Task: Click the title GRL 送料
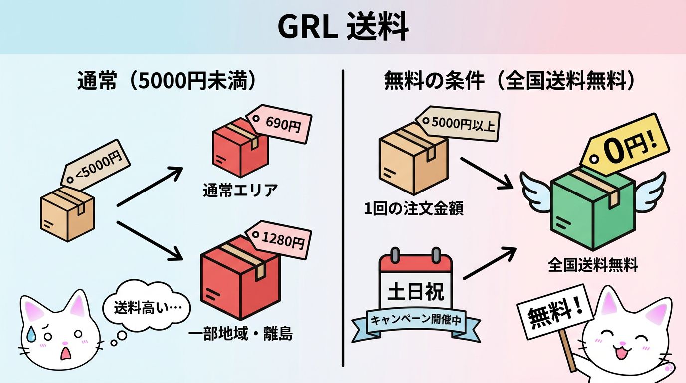343,27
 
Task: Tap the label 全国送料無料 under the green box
593,265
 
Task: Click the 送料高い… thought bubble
146,307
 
